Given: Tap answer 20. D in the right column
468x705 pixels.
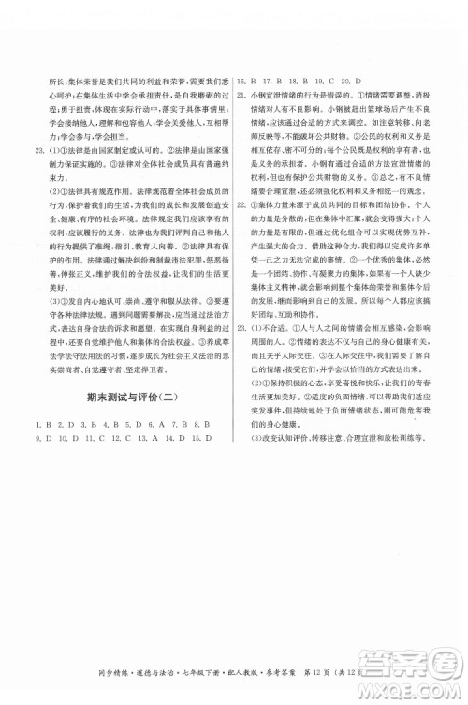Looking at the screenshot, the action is click(358, 81).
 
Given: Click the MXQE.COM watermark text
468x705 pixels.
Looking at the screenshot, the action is click(415, 691).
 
